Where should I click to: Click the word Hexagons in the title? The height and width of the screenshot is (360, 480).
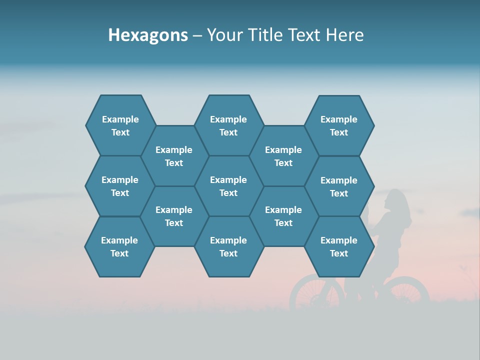tap(148, 35)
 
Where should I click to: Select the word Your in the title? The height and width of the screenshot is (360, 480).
tap(222, 35)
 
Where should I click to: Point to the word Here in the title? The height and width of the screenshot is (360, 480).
tap(345, 35)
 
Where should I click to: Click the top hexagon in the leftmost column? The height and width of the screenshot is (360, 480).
tap(120, 125)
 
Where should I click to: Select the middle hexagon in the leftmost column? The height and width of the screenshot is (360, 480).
tap(120, 186)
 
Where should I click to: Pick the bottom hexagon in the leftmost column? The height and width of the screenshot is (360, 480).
tap(119, 246)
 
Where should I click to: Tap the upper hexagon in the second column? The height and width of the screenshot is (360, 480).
tap(174, 156)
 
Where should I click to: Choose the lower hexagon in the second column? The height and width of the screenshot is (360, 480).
tap(174, 216)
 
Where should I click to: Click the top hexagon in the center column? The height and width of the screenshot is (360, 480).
tap(228, 125)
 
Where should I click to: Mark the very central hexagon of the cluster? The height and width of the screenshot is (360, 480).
tap(228, 186)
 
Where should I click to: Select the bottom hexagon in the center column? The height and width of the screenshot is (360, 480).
tap(228, 246)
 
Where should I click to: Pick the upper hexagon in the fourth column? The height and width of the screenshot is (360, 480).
tap(283, 156)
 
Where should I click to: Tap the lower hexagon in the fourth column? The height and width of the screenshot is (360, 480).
tap(283, 216)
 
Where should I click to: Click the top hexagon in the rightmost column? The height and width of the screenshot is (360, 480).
tap(339, 125)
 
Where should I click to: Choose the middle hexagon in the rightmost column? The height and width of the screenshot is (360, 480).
tap(339, 186)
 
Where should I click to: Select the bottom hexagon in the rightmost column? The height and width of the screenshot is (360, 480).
tap(339, 246)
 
